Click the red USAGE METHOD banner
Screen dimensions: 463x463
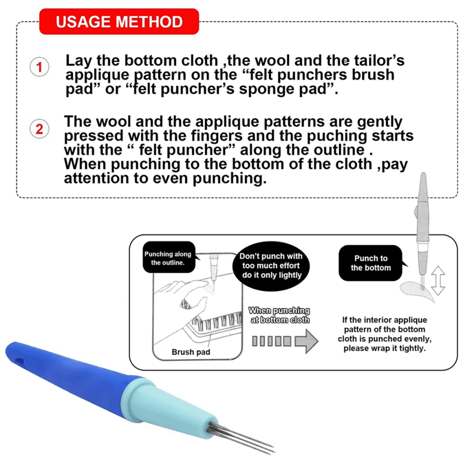(x=119, y=22)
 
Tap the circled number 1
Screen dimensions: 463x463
(x=39, y=67)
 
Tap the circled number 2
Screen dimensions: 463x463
(x=39, y=129)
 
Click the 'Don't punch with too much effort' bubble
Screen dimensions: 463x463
(x=271, y=266)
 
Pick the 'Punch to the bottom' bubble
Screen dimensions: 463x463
(x=371, y=263)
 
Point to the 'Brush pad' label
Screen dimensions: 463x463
(x=191, y=352)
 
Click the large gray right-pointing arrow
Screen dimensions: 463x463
(x=306, y=341)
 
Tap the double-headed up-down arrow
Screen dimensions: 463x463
(x=438, y=281)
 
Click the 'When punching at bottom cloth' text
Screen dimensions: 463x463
(x=279, y=315)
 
